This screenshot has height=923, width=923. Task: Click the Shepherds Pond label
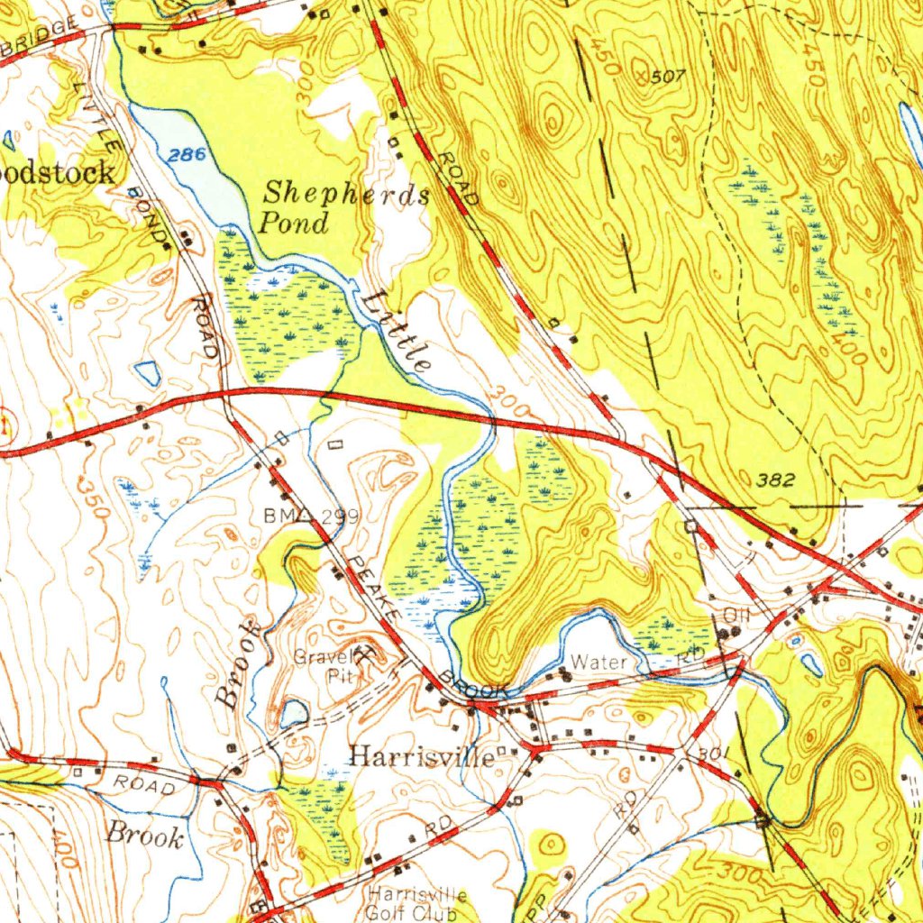344,208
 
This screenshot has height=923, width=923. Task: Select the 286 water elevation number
187,155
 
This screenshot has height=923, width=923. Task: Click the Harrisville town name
421,756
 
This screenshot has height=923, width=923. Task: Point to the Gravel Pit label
323,666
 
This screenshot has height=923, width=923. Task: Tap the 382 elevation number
776,480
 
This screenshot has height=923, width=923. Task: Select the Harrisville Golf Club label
417,902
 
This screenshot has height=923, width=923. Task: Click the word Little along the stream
398,331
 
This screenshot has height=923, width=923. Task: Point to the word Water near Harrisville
599,662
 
